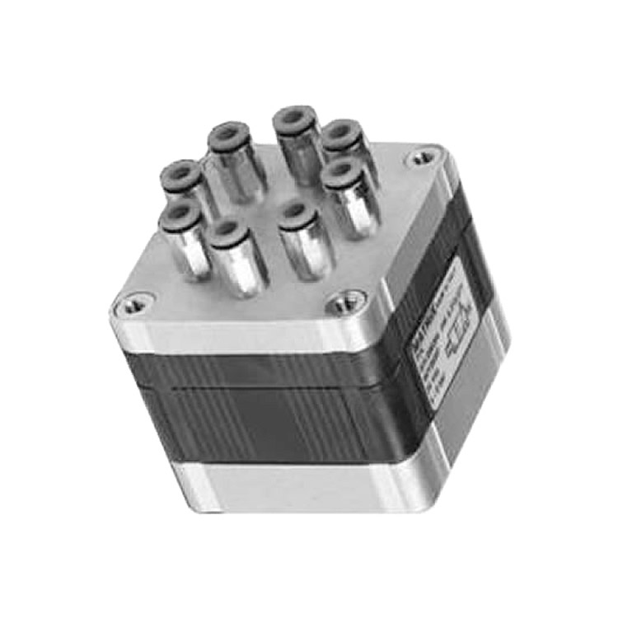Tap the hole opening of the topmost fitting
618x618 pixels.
pos(293,116)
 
